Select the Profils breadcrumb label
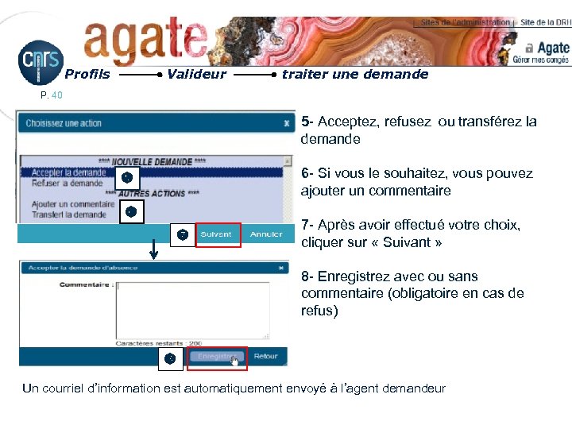(x=87, y=75)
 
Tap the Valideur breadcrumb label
(x=197, y=75)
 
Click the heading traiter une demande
(x=355, y=75)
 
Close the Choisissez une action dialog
(x=287, y=123)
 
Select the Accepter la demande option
(x=68, y=172)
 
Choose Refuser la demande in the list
(x=67, y=183)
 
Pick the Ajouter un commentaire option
(x=73, y=204)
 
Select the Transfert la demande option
(x=68, y=214)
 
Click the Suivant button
(x=216, y=234)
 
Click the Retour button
(x=266, y=357)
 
